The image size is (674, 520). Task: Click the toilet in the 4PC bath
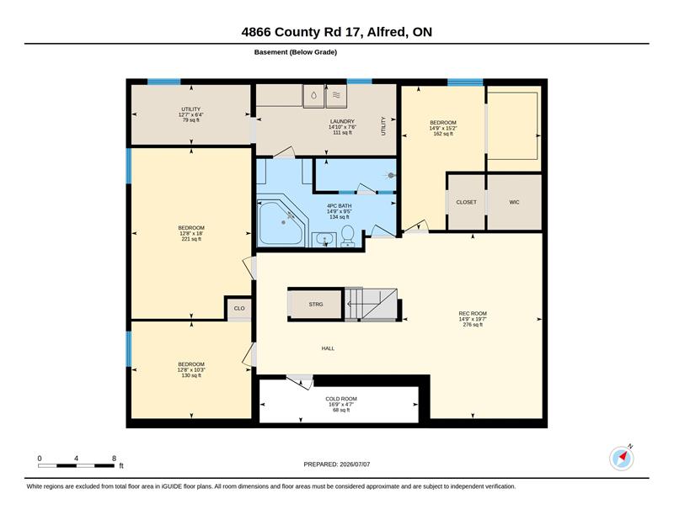click(347, 236)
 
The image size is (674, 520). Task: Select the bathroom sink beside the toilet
click(324, 239)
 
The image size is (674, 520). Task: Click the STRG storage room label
click(315, 304)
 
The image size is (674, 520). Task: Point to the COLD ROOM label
click(341, 399)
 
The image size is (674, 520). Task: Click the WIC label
click(514, 202)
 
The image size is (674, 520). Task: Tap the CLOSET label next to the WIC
click(466, 202)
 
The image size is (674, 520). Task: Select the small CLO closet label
click(239, 308)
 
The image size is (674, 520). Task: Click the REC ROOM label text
click(473, 314)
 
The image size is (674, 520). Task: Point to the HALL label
click(328, 348)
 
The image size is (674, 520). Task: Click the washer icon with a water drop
click(313, 96)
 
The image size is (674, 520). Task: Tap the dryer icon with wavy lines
click(336, 96)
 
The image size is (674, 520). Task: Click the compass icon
click(622, 459)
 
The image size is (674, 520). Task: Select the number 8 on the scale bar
click(114, 459)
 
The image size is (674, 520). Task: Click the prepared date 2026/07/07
click(355, 464)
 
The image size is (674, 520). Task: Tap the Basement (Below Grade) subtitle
click(296, 52)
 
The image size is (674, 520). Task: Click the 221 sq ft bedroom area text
click(191, 239)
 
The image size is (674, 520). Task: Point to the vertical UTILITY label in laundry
click(383, 126)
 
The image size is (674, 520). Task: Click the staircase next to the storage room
click(371, 304)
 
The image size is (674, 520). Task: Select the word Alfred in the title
click(386, 32)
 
